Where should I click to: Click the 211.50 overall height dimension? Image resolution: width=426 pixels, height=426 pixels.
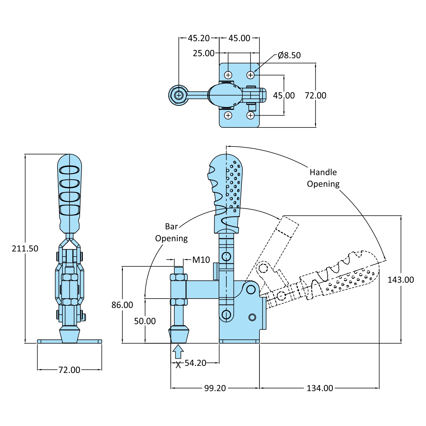point(25,249)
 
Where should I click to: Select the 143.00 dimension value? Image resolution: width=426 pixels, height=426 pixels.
point(400,280)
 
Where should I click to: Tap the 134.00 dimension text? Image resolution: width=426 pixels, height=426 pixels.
point(320,388)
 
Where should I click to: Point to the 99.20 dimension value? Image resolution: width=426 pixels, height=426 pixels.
point(215,388)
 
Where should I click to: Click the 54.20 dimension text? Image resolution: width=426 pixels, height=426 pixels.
point(195,363)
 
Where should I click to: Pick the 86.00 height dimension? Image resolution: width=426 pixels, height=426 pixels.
point(122,305)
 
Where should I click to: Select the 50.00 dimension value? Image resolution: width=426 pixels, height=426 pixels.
point(145,321)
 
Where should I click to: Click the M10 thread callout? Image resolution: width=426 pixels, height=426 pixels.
point(201,260)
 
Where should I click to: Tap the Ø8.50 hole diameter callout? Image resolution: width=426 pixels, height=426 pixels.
point(289,55)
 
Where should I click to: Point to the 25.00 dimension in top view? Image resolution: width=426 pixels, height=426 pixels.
point(203,53)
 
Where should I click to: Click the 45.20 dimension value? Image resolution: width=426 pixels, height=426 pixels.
point(199,38)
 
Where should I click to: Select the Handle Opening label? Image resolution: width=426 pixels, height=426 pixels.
point(323,178)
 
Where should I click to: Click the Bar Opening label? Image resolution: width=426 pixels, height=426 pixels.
point(171,232)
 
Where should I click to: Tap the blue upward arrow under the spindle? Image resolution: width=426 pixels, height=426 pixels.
point(178,351)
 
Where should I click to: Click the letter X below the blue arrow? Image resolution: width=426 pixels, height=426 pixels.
point(178,365)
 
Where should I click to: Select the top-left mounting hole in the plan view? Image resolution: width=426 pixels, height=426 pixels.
point(228,75)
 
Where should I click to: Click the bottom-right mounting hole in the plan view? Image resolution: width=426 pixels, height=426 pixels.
point(250,116)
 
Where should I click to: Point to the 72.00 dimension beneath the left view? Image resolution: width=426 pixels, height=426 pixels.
point(69,370)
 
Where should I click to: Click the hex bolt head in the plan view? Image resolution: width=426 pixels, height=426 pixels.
point(179,95)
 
